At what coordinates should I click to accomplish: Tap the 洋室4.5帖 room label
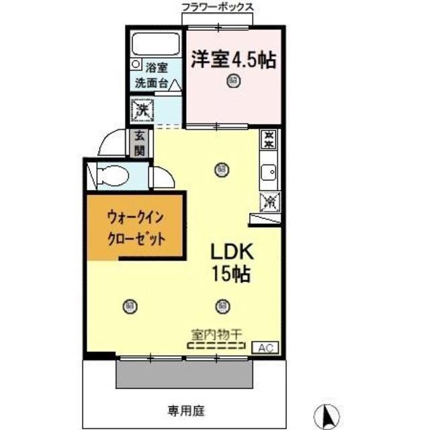[x=233, y=58]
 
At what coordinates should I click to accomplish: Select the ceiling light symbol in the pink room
[x=232, y=82]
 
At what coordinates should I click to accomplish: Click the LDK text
[x=232, y=253]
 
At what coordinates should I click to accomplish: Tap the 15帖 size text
[x=232, y=274]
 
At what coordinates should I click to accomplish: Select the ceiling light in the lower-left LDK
[x=128, y=306]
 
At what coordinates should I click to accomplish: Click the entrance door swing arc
[x=107, y=142]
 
